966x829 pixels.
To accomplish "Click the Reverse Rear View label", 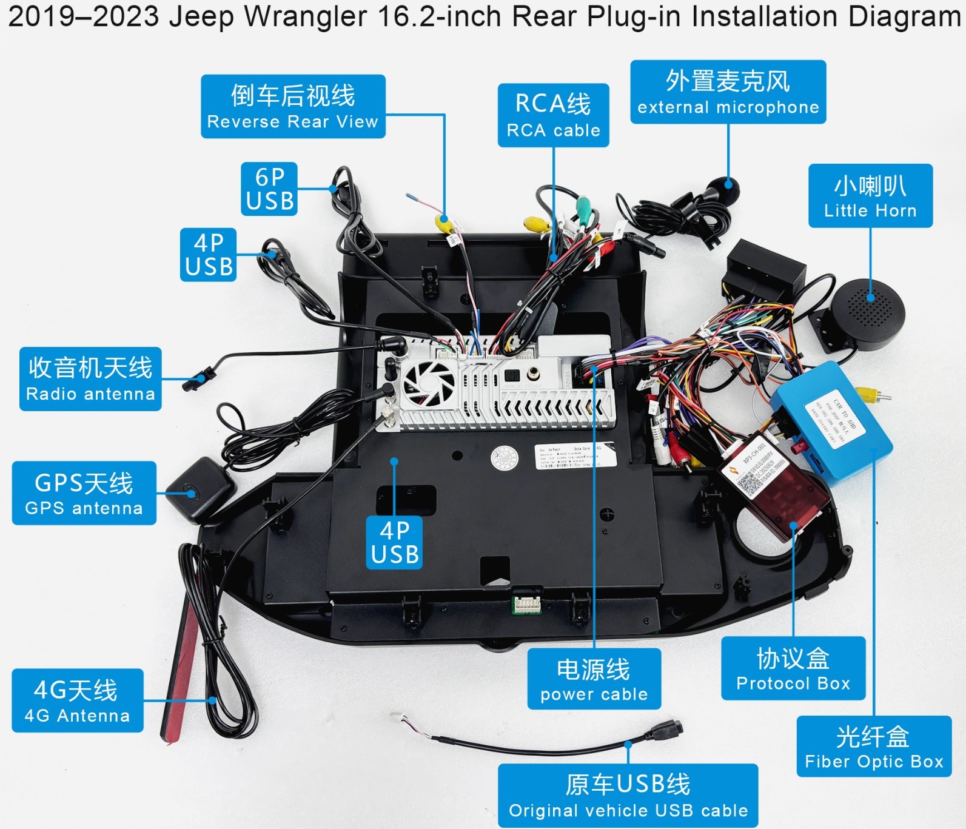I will [x=293, y=107].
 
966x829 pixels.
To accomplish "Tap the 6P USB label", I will [x=269, y=189].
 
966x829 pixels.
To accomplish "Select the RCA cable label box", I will [x=553, y=115].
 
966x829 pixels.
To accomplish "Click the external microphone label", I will [x=728, y=92].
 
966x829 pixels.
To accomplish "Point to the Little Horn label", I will [x=870, y=196].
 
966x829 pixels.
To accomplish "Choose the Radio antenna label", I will [x=90, y=379].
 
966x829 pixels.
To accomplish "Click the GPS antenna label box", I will [x=84, y=493].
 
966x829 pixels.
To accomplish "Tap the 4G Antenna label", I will [x=78, y=700].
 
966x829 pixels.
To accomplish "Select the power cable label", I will [x=594, y=679].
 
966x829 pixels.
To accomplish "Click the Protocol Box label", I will [x=793, y=668].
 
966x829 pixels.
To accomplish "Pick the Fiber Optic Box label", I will [x=874, y=747].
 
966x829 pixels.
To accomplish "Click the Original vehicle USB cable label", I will [x=628, y=795].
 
